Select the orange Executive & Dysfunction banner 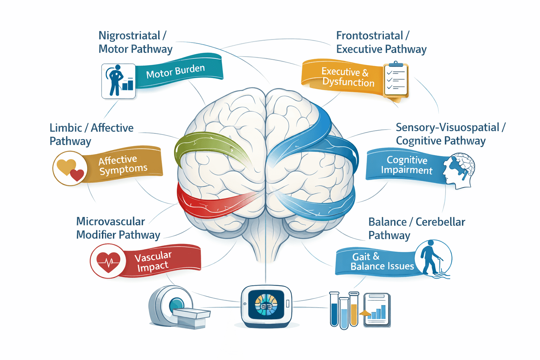pyautogui.click(x=343, y=77)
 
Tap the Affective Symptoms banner pyautogui.click(x=123, y=165)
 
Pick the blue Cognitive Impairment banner pyautogui.click(x=404, y=165)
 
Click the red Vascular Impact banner pyautogui.click(x=160, y=261)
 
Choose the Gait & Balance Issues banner pyautogui.click(x=376, y=262)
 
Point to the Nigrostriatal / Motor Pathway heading pyautogui.click(x=135, y=42)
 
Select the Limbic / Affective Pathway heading pyautogui.click(x=91, y=134)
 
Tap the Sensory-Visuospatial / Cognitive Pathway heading pyautogui.click(x=450, y=134)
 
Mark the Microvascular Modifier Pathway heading pyautogui.click(x=118, y=228)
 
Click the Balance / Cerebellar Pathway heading pyautogui.click(x=416, y=229)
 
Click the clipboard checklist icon pyautogui.click(x=396, y=80)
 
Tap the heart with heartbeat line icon pyautogui.click(x=108, y=261)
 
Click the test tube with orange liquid pyautogui.click(x=354, y=309)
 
